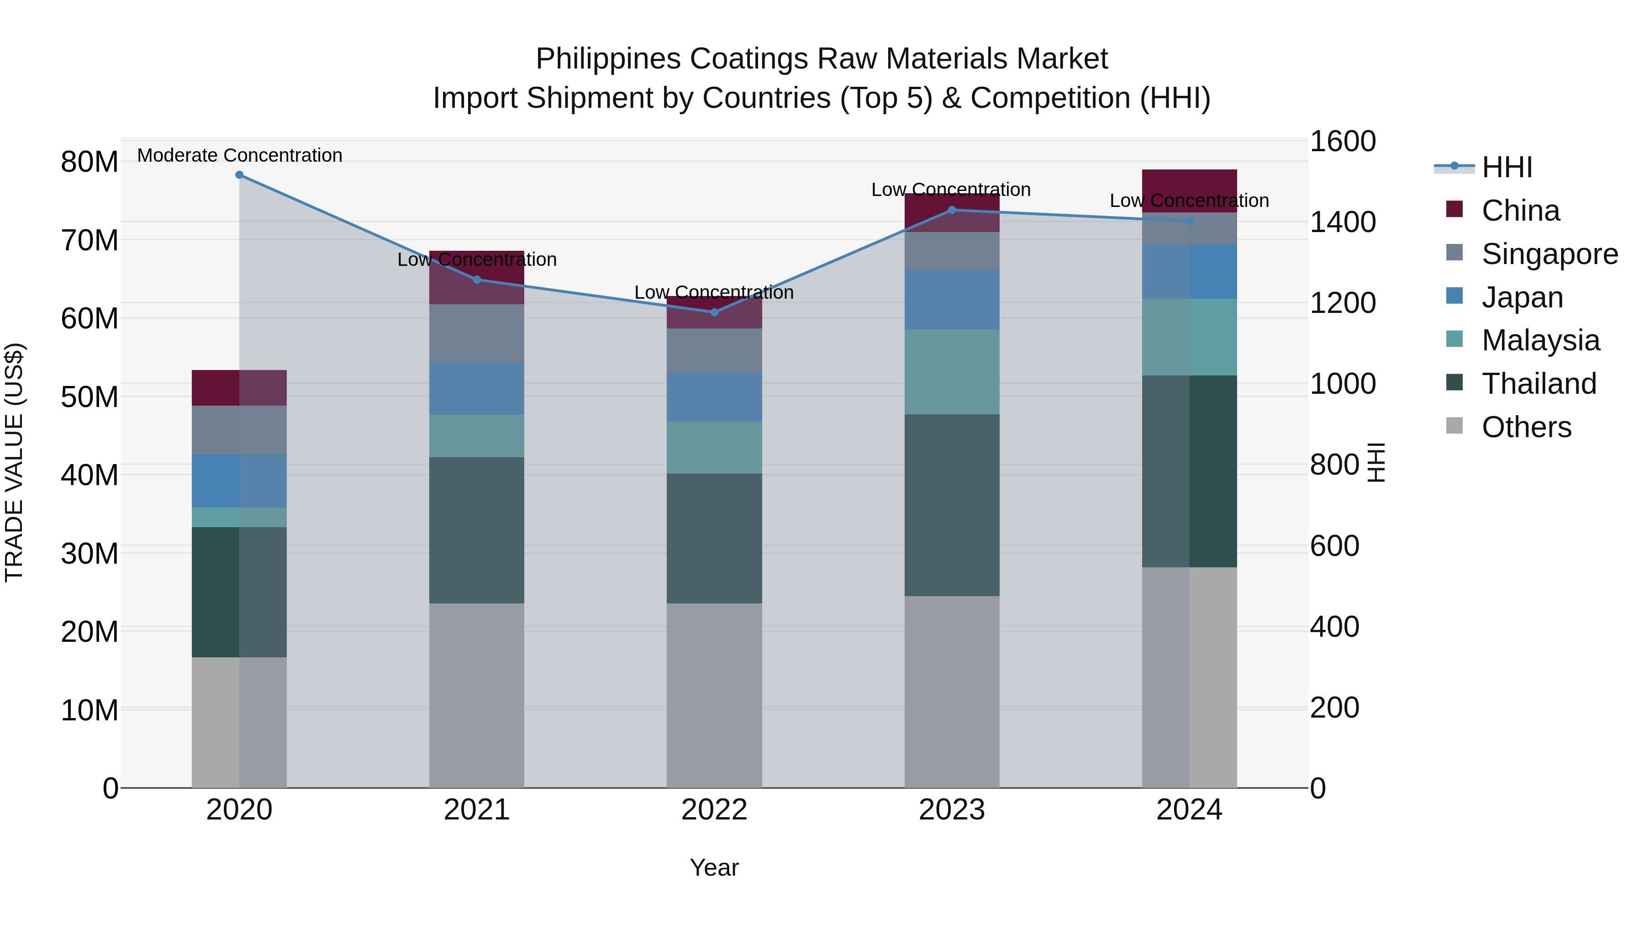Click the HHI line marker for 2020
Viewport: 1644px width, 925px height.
(x=239, y=175)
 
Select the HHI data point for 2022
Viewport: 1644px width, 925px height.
(x=714, y=312)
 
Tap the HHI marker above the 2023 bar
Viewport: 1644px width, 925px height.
(x=952, y=210)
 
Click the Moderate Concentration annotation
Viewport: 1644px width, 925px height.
(x=239, y=155)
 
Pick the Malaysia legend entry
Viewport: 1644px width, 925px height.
(x=1540, y=340)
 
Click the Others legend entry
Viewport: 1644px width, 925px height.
(x=1526, y=427)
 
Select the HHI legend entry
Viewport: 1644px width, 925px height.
(x=1506, y=167)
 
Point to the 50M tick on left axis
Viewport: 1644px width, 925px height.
(x=90, y=397)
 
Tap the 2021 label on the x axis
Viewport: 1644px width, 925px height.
(x=477, y=810)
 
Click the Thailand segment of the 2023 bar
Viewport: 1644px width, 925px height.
(x=952, y=504)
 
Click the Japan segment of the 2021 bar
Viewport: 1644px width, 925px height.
(x=477, y=388)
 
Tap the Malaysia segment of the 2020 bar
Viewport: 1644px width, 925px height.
(x=239, y=517)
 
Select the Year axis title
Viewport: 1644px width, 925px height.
(x=714, y=867)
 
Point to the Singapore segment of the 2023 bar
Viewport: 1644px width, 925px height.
(x=952, y=250)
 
